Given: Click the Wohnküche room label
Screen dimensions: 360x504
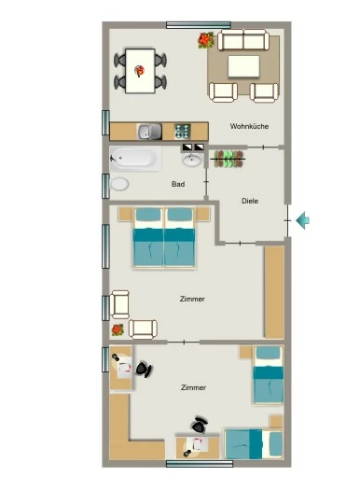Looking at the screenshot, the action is (249, 126).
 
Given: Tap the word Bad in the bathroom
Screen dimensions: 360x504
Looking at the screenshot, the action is (178, 184).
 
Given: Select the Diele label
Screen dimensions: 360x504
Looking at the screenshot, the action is (250, 201).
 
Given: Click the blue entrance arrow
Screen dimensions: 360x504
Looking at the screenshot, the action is (302, 220).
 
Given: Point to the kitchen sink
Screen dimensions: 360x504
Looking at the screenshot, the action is (149, 132).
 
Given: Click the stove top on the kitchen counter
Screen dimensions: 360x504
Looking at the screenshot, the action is (183, 132).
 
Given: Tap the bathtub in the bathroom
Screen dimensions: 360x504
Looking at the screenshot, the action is (135, 159).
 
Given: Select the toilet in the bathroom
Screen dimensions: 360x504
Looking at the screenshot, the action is (119, 184).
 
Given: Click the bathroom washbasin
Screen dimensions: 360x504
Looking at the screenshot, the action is (192, 160).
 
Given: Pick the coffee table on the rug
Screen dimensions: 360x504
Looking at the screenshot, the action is (243, 66).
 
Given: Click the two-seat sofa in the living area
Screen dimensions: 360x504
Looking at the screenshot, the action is (243, 40).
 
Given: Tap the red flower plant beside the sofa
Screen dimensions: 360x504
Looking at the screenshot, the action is (205, 40).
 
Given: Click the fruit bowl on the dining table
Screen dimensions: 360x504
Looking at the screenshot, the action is (139, 71).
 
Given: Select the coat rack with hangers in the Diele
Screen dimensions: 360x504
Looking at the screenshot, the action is (228, 159).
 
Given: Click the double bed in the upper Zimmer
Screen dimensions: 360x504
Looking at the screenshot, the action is (164, 238).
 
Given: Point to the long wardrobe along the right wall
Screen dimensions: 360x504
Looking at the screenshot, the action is (274, 292).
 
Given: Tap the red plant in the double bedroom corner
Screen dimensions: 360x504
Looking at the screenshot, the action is (118, 329).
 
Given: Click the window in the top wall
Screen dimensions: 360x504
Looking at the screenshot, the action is (199, 25).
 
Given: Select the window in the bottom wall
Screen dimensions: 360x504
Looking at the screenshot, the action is (200, 464).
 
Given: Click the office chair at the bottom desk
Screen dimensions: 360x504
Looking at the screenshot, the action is (200, 425).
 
